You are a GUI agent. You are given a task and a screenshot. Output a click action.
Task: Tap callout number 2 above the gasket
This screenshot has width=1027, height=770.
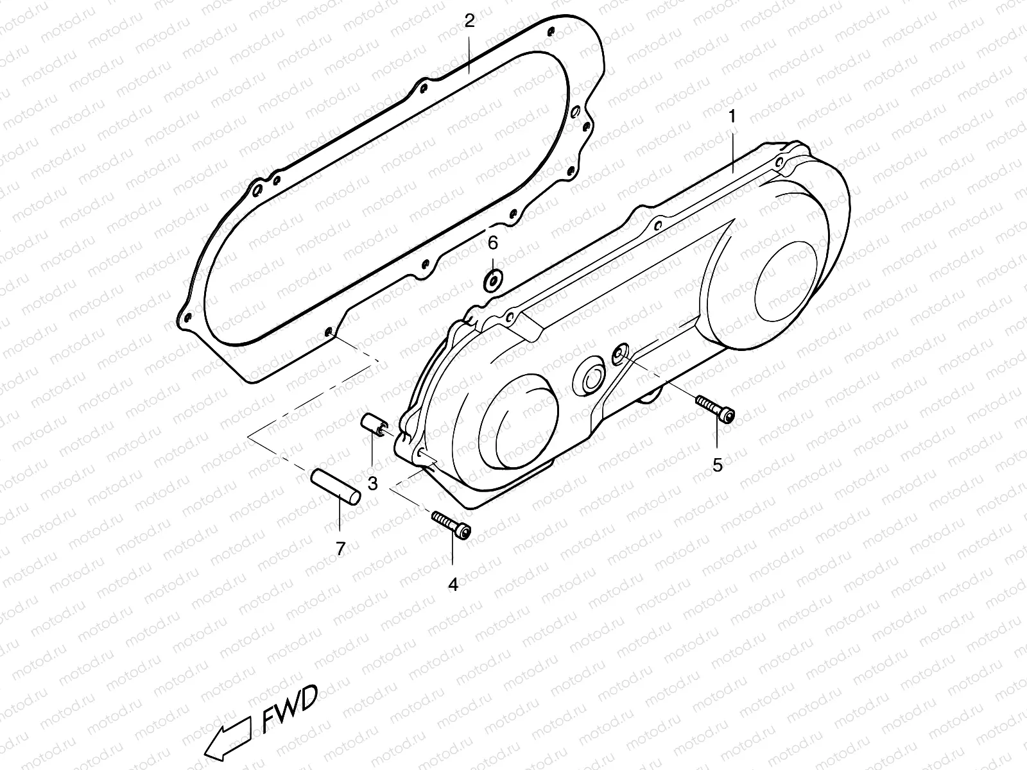[x=469, y=21]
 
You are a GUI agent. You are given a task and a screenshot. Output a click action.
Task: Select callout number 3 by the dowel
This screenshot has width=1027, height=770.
[x=372, y=483]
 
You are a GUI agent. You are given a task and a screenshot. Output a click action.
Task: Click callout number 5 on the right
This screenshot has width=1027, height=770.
[x=718, y=465]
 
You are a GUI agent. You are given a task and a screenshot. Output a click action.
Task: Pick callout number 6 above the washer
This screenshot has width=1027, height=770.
[x=492, y=243]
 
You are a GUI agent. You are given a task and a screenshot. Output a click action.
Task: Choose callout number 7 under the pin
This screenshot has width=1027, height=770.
[x=340, y=548]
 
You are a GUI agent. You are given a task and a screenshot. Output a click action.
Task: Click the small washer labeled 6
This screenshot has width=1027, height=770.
[x=492, y=280]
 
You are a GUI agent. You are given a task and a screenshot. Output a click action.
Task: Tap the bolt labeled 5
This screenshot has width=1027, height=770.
[x=714, y=409]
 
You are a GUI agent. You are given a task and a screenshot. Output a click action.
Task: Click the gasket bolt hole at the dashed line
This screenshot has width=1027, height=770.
[x=329, y=332]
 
